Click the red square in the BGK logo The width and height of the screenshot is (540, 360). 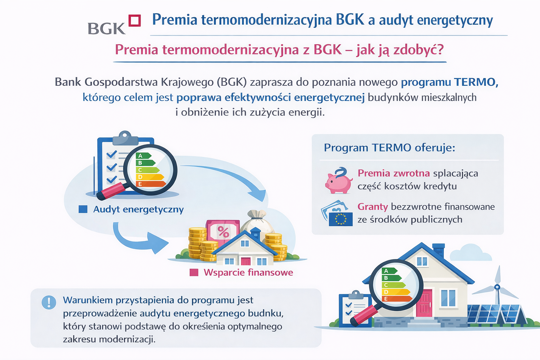(135, 20)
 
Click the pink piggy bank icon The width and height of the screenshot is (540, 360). (338, 181)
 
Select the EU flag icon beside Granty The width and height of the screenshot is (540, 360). (340, 219)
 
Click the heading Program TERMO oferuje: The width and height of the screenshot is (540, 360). (389, 148)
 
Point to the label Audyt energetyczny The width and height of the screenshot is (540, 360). (138, 210)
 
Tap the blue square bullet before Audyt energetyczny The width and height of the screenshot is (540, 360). (83, 210)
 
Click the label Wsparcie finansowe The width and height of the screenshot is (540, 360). (248, 272)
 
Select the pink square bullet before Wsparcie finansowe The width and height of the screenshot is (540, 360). (194, 272)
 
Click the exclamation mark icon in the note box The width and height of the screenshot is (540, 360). (49, 302)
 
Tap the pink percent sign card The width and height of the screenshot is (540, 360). (223, 232)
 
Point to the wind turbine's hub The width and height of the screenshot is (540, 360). (497, 287)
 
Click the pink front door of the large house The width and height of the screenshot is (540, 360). (424, 303)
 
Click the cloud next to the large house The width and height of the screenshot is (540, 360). (470, 253)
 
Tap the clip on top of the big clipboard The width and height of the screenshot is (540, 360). (125, 138)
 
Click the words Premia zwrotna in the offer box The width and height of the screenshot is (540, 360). (393, 173)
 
